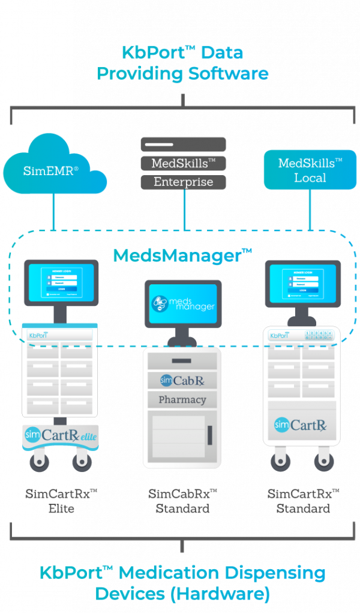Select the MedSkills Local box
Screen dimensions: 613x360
click(310, 170)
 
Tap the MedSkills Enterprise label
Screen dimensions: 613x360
click(184, 172)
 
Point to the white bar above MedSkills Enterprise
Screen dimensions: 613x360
click(159, 145)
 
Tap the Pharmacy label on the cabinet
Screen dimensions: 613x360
click(182, 399)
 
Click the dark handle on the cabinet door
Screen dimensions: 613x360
click(210, 435)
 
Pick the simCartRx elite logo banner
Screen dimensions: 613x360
click(60, 435)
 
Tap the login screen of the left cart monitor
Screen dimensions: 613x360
click(61, 282)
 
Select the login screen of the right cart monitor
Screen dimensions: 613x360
click(303, 282)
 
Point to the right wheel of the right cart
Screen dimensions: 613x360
click(325, 461)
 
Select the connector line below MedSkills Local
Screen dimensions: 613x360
click(310, 210)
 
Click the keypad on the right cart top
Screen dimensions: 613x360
click(319, 336)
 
